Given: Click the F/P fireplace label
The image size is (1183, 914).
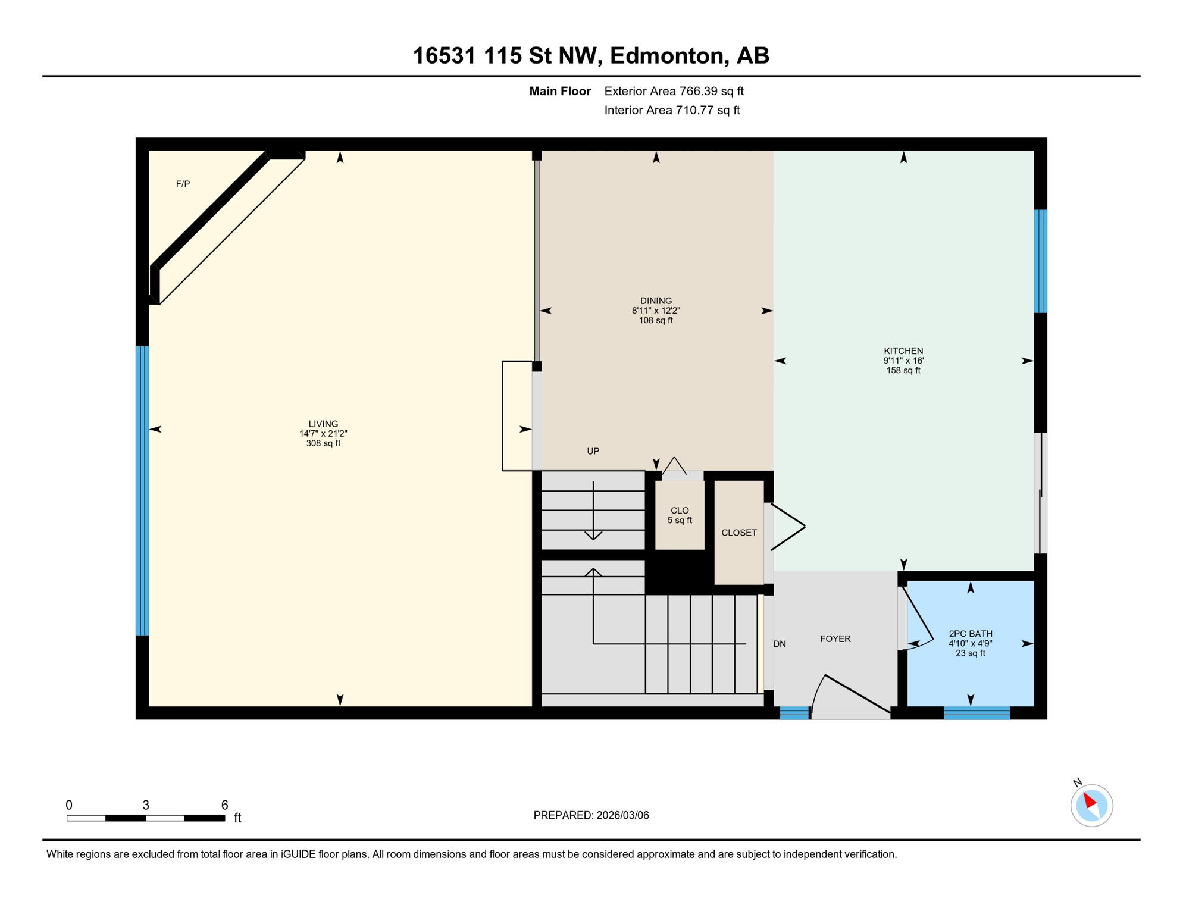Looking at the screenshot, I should pyautogui.click(x=183, y=184).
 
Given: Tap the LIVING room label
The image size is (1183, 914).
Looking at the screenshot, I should pyautogui.click(x=323, y=424).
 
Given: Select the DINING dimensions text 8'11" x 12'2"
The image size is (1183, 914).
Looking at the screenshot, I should pyautogui.click(x=656, y=311).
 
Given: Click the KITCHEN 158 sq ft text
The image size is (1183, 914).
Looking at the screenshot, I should pyautogui.click(x=903, y=371).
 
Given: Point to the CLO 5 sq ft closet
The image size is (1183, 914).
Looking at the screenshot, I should pyautogui.click(x=680, y=515).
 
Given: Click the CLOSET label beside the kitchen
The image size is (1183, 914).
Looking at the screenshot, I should pyautogui.click(x=739, y=533).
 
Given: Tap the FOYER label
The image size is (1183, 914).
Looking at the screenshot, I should pyautogui.click(x=835, y=639).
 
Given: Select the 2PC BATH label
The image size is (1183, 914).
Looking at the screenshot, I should pyautogui.click(x=971, y=634).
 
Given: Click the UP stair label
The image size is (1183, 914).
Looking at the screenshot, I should pyautogui.click(x=593, y=452).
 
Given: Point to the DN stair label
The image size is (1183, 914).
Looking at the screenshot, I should pyautogui.click(x=780, y=644).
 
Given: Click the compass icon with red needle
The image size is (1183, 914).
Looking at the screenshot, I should pyautogui.click(x=1091, y=806).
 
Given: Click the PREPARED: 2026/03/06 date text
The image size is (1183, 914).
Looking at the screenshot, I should pyautogui.click(x=591, y=816).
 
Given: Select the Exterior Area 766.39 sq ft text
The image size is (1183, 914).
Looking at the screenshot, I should pyautogui.click(x=674, y=92).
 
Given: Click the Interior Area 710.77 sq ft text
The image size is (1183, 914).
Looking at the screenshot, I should pyautogui.click(x=672, y=111).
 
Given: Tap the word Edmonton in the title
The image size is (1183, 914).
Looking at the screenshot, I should pyautogui.click(x=666, y=56).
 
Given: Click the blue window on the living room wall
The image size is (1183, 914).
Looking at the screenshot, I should pyautogui.click(x=142, y=491).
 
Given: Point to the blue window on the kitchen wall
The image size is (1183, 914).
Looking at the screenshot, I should pyautogui.click(x=1040, y=261).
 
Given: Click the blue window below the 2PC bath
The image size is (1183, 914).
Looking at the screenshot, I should pyautogui.click(x=977, y=713).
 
